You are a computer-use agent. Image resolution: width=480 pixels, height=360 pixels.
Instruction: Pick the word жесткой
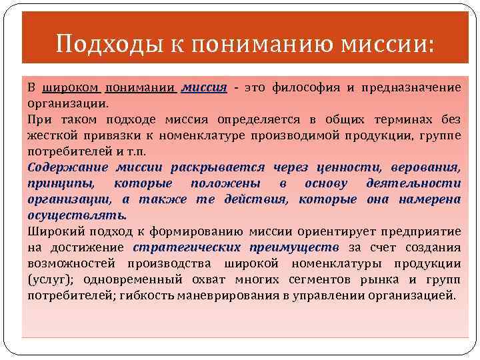[x=52, y=135]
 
